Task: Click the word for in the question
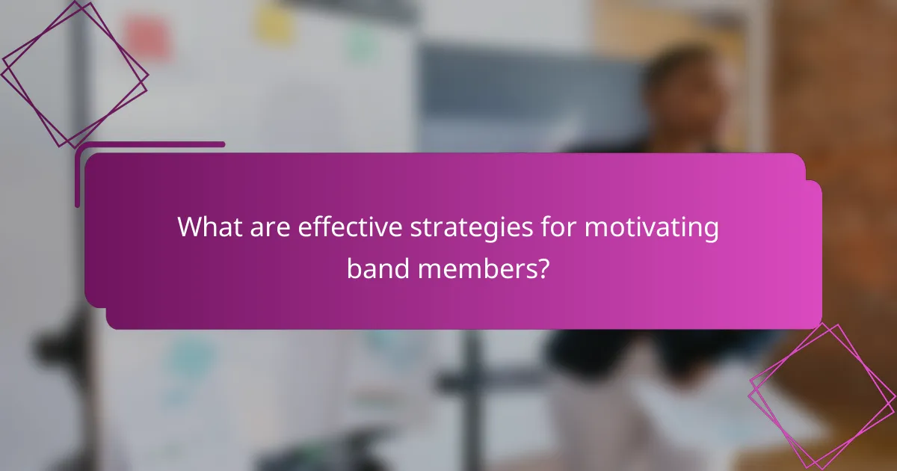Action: click(557, 227)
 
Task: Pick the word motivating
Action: click(651, 227)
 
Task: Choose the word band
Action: click(377, 267)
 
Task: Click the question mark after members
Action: click(543, 267)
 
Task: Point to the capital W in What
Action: click(189, 227)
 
